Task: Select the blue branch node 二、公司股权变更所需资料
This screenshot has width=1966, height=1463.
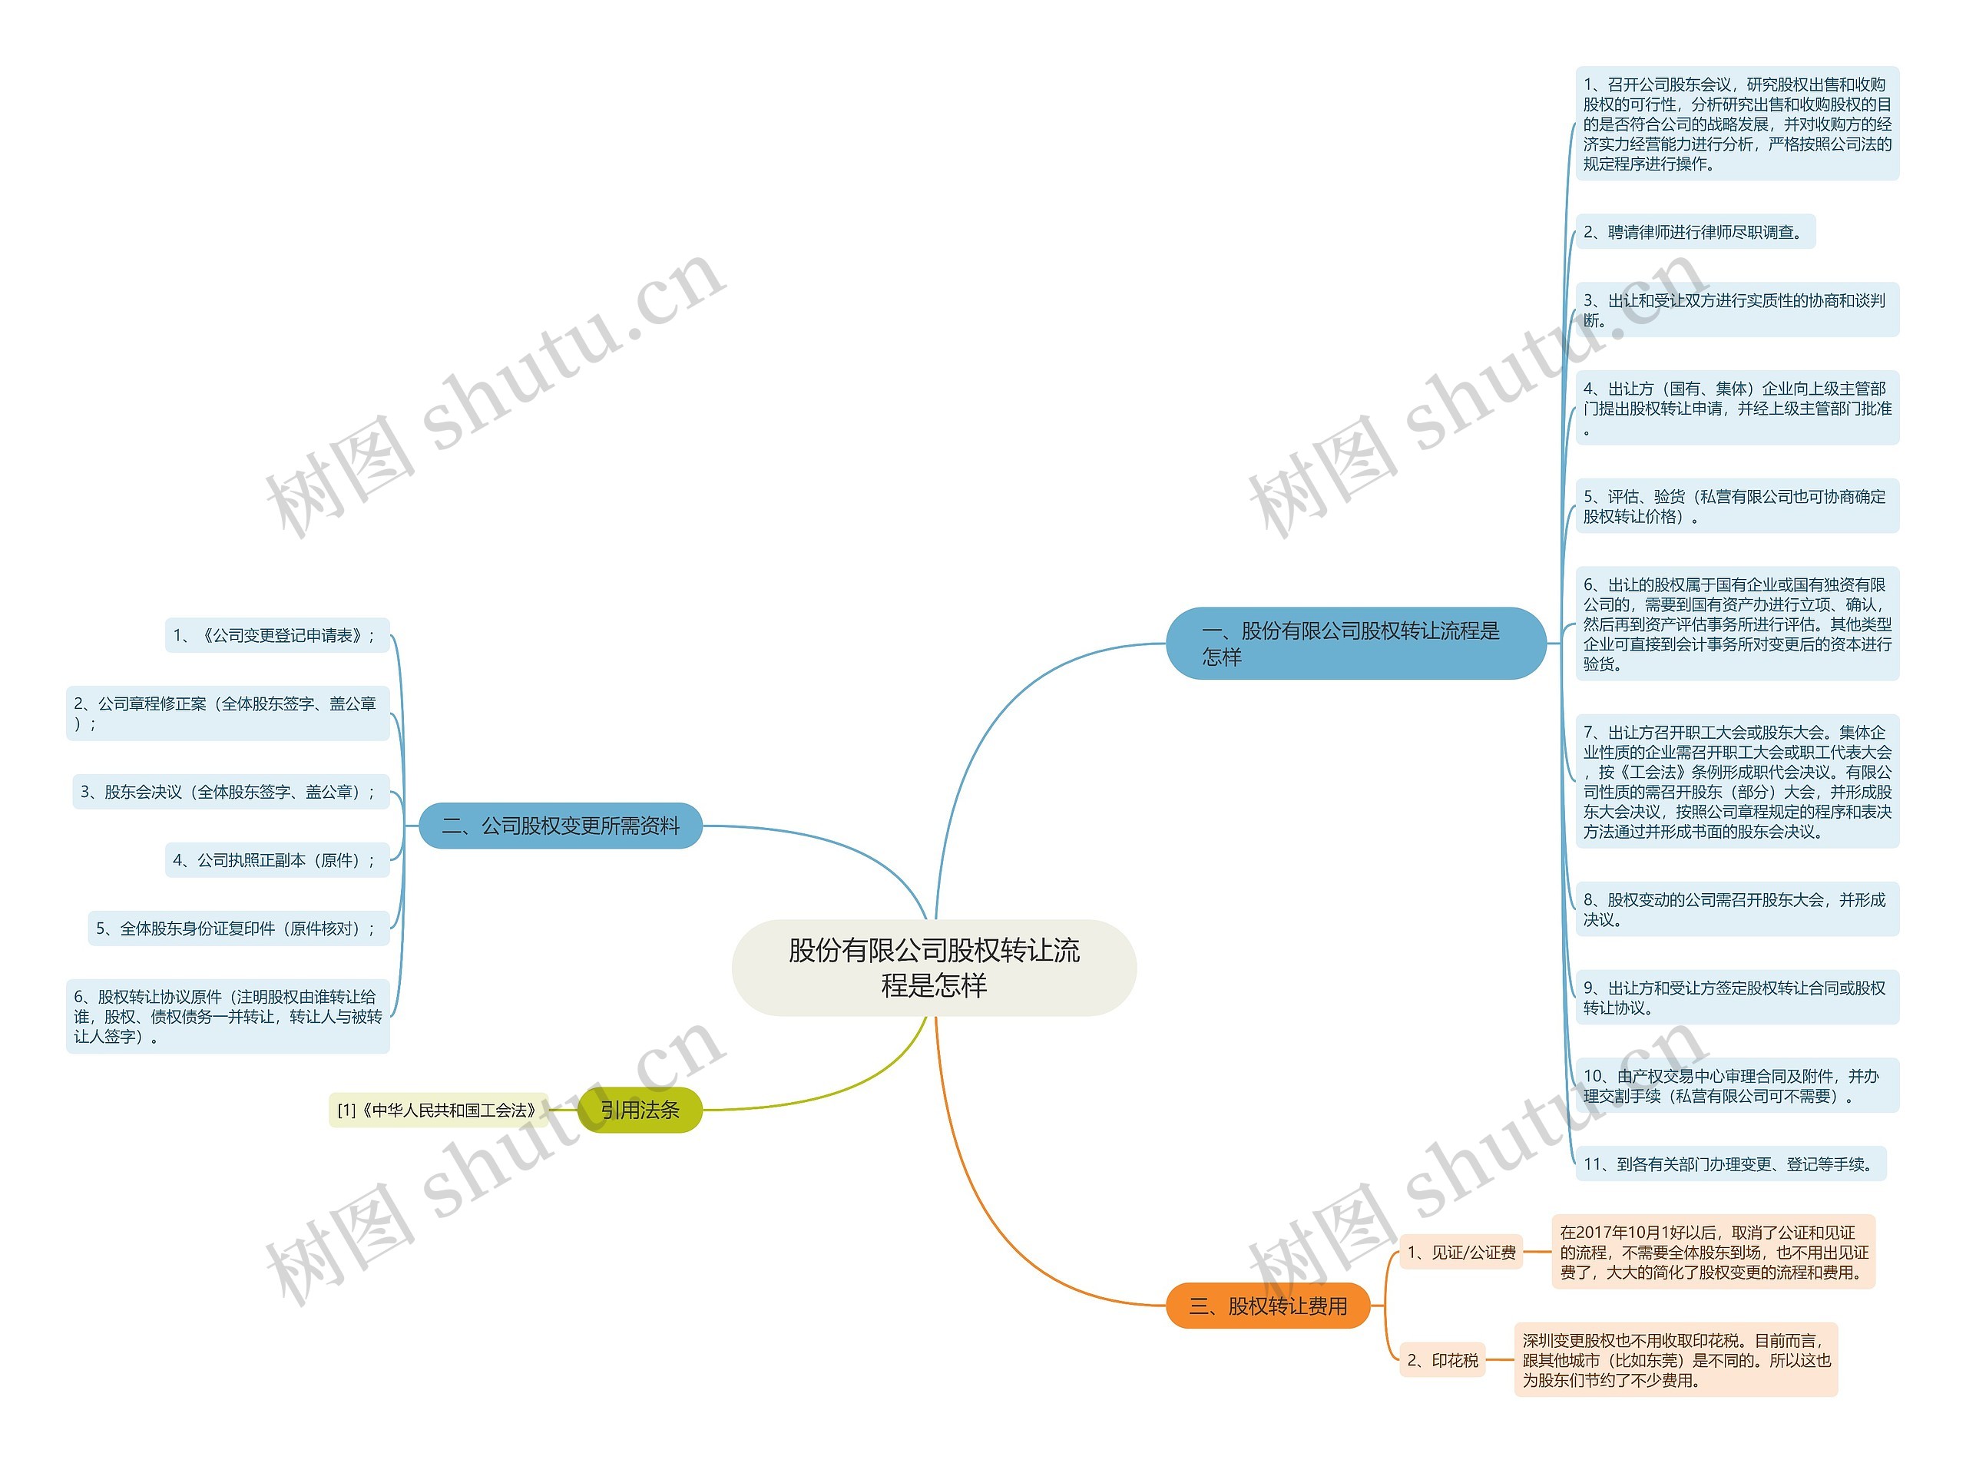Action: point(560,826)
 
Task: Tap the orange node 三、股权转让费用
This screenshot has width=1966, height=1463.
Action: point(1267,1306)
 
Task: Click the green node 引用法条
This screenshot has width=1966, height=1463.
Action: point(640,1110)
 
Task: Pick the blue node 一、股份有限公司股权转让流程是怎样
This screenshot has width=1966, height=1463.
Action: point(1355,643)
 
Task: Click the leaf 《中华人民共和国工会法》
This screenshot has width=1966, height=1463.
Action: point(438,1110)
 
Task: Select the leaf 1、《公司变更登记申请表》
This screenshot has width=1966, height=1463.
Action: point(276,635)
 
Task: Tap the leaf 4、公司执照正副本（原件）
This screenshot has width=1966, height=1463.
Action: point(276,860)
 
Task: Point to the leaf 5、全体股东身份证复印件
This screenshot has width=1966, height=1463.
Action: point(238,928)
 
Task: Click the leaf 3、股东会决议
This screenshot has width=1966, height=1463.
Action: point(230,792)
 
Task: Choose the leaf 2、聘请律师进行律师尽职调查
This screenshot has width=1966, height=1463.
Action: point(1694,232)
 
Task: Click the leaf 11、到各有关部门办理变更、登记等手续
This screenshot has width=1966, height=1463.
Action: point(1729,1163)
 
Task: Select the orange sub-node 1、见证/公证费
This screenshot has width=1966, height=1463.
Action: point(1461,1253)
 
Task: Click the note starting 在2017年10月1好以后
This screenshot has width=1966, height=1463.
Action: point(1713,1251)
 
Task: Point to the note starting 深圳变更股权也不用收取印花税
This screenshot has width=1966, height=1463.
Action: point(1676,1359)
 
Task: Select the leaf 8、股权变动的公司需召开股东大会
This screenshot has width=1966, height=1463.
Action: point(1736,909)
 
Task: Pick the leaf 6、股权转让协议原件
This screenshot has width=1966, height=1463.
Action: point(227,1016)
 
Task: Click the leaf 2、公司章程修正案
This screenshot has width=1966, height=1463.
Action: point(227,713)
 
